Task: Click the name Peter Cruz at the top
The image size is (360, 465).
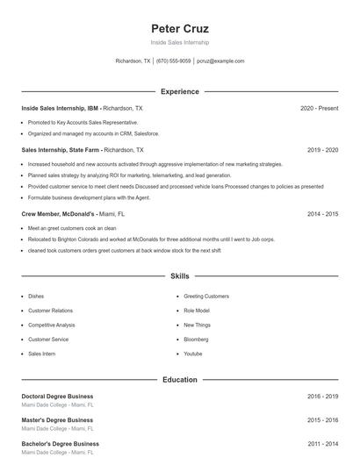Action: coord(180,28)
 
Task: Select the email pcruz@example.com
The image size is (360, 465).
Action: coord(220,61)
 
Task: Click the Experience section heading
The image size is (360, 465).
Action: coord(180,91)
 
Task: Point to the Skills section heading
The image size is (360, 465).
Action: coord(180,276)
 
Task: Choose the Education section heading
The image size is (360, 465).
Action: coord(180,380)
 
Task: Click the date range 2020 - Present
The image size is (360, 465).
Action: coord(319,108)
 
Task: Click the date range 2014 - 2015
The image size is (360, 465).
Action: coord(322,213)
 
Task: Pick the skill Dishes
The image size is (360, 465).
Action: coord(36,297)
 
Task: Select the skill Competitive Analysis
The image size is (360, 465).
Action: coord(52,325)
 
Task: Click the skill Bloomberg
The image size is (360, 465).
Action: coord(197,339)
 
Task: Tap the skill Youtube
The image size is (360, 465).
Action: coord(193,353)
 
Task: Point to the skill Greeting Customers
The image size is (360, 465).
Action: coord(206,297)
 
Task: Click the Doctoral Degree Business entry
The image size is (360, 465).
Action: coord(57,397)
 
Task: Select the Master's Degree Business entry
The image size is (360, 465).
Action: coord(57,420)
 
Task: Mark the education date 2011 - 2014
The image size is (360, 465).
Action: coord(322,444)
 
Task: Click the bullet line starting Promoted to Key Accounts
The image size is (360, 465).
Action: coord(83,122)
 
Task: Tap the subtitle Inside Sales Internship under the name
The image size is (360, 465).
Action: coord(180,42)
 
